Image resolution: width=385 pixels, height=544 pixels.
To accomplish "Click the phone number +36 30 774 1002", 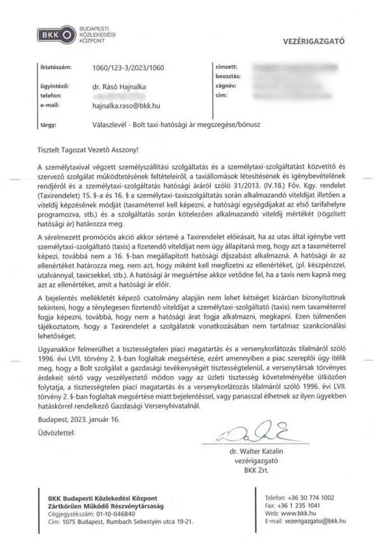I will (x=309, y=497).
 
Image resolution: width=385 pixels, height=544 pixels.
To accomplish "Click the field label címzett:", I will (x=227, y=66).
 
